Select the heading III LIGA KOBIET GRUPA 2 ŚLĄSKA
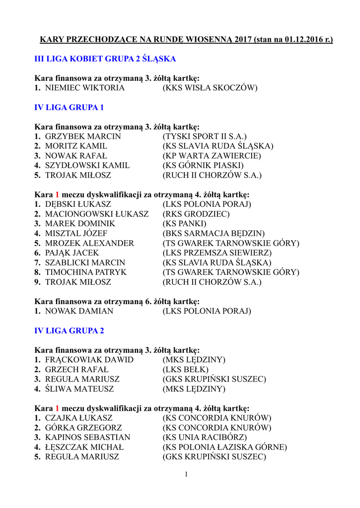click(x=105, y=59)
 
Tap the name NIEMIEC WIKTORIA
click(x=84, y=88)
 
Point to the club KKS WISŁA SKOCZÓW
click(x=210, y=88)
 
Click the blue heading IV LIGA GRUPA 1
click(x=69, y=107)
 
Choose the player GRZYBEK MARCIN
click(x=83, y=136)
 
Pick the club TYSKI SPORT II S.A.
click(x=205, y=136)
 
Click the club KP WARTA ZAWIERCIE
click(x=212, y=156)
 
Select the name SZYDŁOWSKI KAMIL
click(x=87, y=166)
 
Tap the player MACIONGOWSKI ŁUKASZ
click(x=96, y=214)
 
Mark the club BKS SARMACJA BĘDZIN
click(x=214, y=234)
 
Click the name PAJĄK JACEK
click(x=72, y=253)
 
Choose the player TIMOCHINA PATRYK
click(x=85, y=272)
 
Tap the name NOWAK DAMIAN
click(x=79, y=312)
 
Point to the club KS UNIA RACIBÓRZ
click(x=205, y=438)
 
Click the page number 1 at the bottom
click(x=186, y=475)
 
